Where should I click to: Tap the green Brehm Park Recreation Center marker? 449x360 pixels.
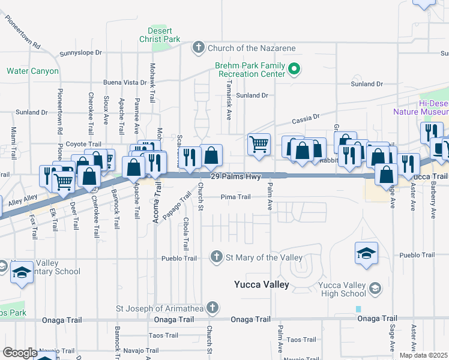294,69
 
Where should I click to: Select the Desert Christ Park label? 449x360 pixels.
164,35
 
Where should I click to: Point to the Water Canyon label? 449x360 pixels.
32,71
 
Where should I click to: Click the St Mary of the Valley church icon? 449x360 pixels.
217,257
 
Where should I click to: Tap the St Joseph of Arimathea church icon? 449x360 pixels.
211,308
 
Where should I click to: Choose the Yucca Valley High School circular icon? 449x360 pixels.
375,289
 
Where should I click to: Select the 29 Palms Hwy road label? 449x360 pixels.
236,176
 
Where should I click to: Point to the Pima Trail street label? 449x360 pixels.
235,197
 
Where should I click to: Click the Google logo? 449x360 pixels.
20,353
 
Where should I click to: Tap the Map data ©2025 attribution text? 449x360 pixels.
423,355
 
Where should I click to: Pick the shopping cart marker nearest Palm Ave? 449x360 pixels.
259,144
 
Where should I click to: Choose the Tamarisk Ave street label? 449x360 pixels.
229,100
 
